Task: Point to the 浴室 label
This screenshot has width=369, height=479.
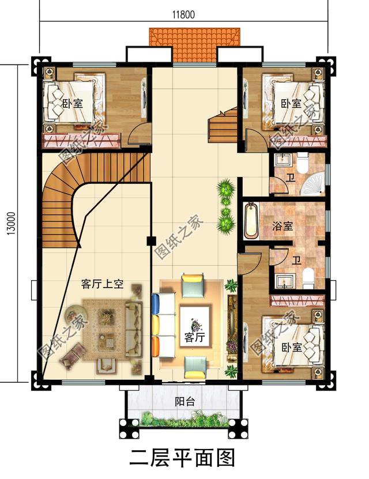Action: (282, 227)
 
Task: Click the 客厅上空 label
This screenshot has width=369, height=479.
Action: (103, 285)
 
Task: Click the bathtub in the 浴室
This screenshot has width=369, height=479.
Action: (251, 220)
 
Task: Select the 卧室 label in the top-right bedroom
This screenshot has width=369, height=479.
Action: (291, 104)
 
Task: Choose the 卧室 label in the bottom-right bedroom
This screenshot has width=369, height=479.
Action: (292, 348)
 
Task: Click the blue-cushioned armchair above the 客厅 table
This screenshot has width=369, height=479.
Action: (193, 285)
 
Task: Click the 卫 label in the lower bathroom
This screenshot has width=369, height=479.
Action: (296, 260)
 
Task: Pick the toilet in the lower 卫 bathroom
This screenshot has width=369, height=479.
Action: (308, 278)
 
